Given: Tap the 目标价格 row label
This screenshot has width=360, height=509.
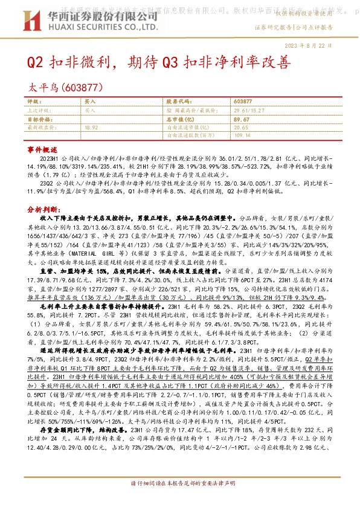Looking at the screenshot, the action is (38, 119).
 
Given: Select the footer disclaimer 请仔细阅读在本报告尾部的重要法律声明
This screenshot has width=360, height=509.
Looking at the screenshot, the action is (180, 501).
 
